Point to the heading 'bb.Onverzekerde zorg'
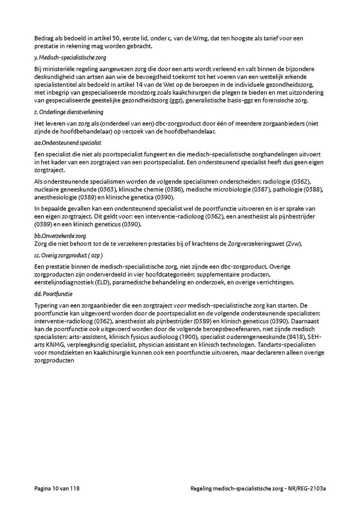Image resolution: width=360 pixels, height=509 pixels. tap(60, 236)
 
